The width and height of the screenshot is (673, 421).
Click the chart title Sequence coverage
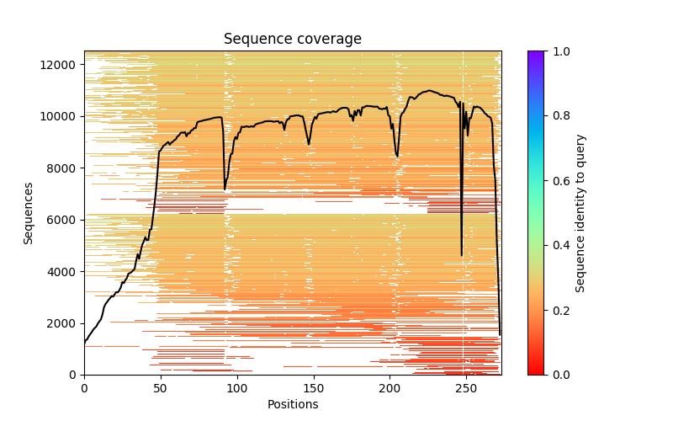pyautogui.click(x=292, y=40)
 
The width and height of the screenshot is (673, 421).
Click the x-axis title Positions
pyautogui.click(x=292, y=404)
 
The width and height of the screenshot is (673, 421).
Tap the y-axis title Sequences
pyautogui.click(x=29, y=213)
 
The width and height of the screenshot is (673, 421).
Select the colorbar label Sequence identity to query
pyautogui.click(x=580, y=213)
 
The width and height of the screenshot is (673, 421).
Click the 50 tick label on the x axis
pyautogui.click(x=161, y=387)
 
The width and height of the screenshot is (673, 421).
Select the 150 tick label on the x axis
pyautogui.click(x=314, y=387)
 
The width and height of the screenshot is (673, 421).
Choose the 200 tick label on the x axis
pyautogui.click(x=389, y=387)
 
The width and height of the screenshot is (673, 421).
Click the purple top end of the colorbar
pyautogui.click(x=536, y=54)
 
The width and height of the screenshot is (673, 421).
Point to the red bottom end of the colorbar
pyautogui.click(x=536, y=372)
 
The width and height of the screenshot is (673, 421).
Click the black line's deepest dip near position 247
pyautogui.click(x=462, y=255)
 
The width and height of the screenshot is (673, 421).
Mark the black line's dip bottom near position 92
pyautogui.click(x=225, y=189)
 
